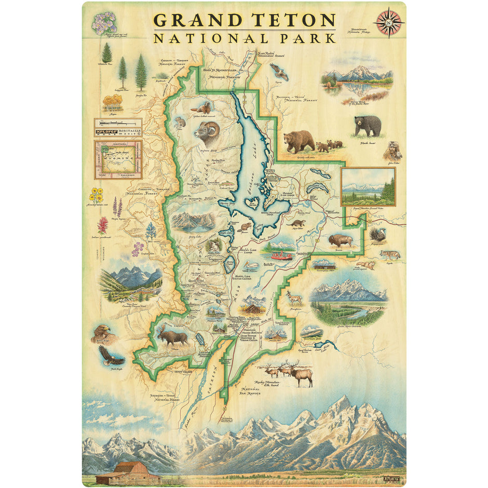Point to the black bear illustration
click(x=368, y=125)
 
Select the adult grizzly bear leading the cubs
click(x=299, y=140)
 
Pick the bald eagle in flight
click(x=111, y=356)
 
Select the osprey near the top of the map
click(x=279, y=71)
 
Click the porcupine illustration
click(x=377, y=234)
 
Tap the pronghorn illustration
click(x=294, y=298)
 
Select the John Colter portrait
click(x=392, y=151)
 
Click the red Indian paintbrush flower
click(x=103, y=224)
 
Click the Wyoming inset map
click(x=118, y=159)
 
